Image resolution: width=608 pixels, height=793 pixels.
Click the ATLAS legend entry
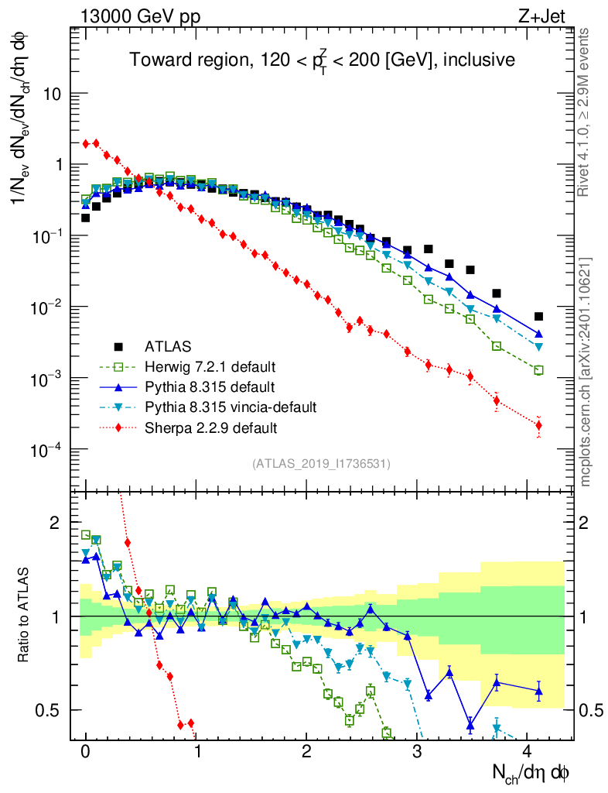pyautogui.click(x=166, y=345)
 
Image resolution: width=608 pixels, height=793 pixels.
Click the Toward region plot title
pyautogui.click(x=322, y=60)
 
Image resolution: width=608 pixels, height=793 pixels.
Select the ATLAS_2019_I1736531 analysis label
pyautogui.click(x=321, y=463)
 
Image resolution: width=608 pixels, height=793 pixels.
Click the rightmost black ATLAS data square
pyautogui.click(x=538, y=316)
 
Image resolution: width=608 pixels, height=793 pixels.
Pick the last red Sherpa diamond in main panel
pyautogui.click(x=538, y=425)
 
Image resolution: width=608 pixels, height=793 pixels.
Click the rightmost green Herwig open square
pyautogui.click(x=538, y=370)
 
